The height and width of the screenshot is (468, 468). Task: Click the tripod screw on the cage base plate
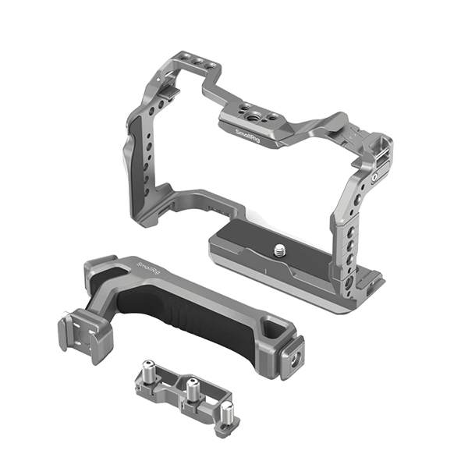click(x=280, y=251)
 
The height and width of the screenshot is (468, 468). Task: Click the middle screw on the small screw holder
click(x=189, y=384)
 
